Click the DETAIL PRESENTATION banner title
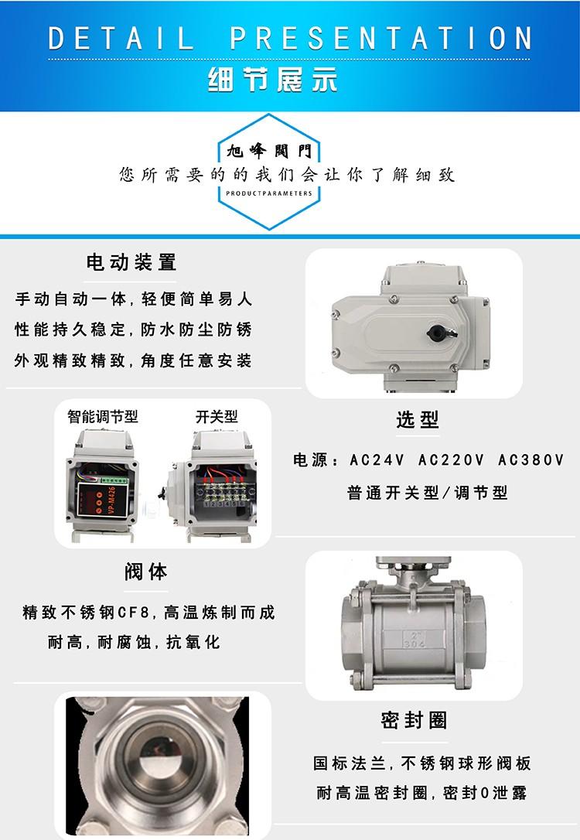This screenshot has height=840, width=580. pos(290,38)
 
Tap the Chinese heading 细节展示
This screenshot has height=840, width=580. pos(272,80)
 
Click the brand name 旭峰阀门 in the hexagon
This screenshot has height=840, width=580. pos(269,151)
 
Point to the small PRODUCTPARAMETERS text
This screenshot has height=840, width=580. pos(269,193)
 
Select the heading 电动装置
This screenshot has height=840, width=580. pos(131,262)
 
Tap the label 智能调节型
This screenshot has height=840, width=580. pos(103,416)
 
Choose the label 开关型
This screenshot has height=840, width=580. pos(217,416)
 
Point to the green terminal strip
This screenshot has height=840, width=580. pos(113,479)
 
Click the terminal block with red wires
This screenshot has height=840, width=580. pos(224,492)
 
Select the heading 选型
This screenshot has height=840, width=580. pos(417,419)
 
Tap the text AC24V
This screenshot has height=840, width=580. pos(377,459)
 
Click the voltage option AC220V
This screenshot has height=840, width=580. pos(451,459)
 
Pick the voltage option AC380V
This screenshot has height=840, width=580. pos(531,459)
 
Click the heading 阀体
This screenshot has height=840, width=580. pos(145,572)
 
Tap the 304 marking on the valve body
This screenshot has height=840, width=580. pos(414,644)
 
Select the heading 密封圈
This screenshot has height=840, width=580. pos(414,721)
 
